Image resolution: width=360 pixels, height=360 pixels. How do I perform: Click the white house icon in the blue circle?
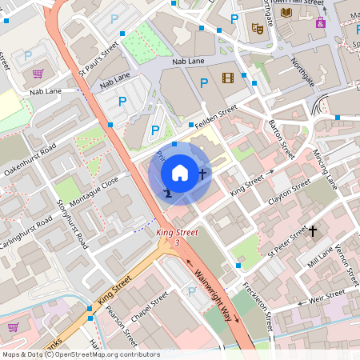(180, 172)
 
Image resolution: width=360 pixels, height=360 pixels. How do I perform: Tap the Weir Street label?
(326, 299)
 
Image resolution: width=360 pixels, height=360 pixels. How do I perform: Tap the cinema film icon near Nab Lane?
(229, 78)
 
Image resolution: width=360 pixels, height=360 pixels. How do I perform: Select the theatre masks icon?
(258, 28)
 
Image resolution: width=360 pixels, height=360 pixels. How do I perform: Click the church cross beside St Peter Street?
(313, 232)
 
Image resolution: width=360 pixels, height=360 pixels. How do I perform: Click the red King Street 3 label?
(177, 237)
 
